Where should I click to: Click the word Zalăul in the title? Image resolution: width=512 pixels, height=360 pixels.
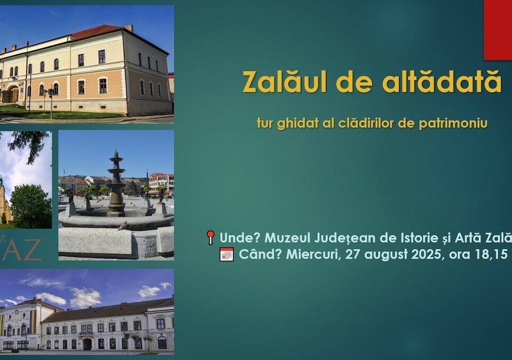pos(284,82)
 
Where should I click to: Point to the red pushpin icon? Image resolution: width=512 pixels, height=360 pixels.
pos(211,237)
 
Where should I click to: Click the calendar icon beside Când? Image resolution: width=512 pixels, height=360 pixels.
pos(227,254)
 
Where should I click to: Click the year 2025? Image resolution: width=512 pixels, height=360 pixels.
pos(426,254)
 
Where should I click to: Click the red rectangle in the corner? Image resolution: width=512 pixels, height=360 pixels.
pos(498,30)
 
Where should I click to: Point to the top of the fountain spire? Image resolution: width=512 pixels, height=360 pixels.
pos(116,150)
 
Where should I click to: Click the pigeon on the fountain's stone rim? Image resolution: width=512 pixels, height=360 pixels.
pos(123,226)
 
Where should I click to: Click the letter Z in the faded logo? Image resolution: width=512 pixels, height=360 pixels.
pos(33,250)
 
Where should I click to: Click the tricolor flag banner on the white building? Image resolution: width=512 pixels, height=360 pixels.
pos(33,322)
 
